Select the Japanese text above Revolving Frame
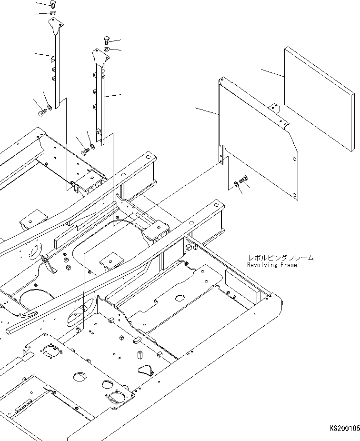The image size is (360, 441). (x=280, y=258)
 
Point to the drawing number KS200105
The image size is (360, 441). (x=344, y=429)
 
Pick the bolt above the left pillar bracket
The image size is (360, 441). (x=53, y=4)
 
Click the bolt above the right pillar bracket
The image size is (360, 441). (x=107, y=40)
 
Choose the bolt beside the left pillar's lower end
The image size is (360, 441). (x=41, y=113)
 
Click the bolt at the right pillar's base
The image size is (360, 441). (x=85, y=151)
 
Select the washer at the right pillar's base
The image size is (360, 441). (x=92, y=146)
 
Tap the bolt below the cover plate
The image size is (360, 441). (x=244, y=179)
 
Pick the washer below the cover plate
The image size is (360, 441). (x=237, y=184)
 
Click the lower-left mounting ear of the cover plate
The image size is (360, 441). (x=222, y=154)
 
